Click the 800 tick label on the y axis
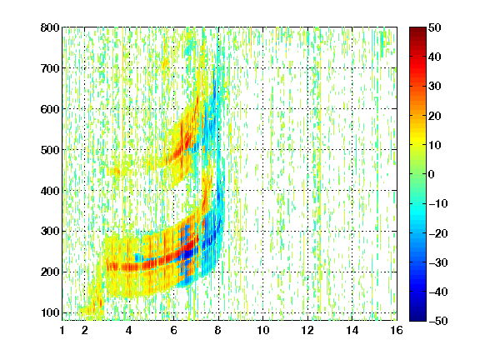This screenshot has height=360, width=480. [50, 27]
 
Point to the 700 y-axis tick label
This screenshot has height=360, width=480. [50, 68]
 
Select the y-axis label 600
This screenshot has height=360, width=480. [50, 109]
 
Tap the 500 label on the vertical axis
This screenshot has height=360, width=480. [50, 150]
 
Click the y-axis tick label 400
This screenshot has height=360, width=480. [50, 191]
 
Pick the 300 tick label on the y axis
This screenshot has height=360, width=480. [50, 232]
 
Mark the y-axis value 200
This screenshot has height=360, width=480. [50, 272]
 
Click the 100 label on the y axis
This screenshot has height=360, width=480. [50, 312]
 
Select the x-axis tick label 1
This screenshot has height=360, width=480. [62, 331]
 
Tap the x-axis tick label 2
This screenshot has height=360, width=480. [84, 331]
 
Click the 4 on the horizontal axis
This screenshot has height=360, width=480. [129, 331]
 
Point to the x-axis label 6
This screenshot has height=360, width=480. [173, 331]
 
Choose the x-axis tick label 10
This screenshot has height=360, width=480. [262, 331]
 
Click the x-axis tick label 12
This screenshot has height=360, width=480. [307, 331]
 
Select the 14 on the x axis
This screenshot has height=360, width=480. [352, 331]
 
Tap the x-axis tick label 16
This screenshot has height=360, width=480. [397, 331]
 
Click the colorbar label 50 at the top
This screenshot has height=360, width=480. [434, 27]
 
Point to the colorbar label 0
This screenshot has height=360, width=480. [432, 174]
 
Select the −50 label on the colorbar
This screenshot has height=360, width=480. [437, 321]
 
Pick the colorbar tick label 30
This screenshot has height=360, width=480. [434, 87]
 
